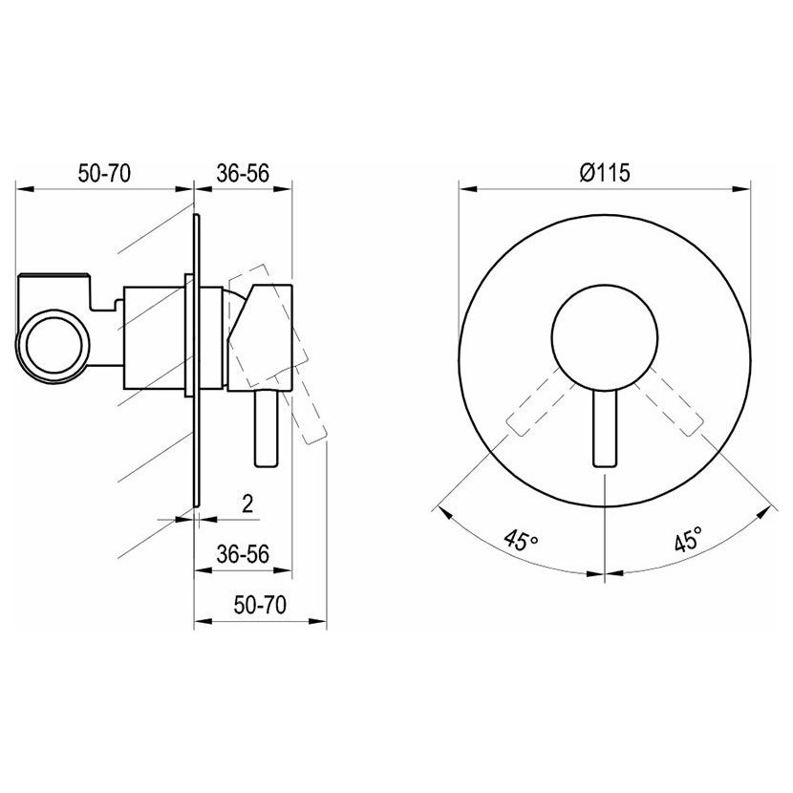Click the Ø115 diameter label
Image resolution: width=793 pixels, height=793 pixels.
pos(605,173)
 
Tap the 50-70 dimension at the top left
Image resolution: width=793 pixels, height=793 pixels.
pos(104,173)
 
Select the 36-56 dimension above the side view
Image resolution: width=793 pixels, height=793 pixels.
pos(243,174)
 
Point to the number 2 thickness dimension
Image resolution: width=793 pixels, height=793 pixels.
pos(247,504)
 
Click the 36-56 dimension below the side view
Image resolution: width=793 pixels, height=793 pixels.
pos(243,554)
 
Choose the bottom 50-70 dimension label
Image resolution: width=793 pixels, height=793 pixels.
pos(260,605)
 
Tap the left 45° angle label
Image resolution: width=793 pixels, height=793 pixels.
pos(521,541)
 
